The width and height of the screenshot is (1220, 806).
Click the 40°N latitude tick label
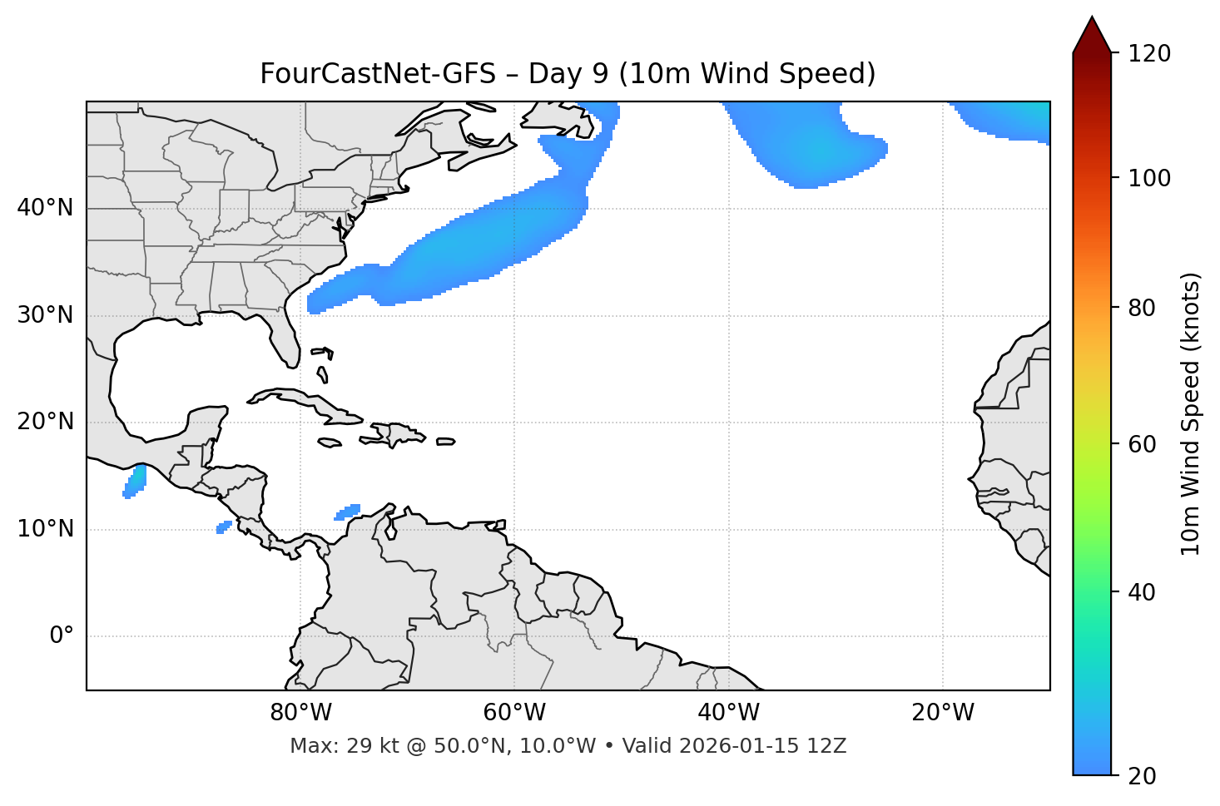(x=45, y=208)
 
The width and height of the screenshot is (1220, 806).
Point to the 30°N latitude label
(x=45, y=315)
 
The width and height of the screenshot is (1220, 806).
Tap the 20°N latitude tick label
(x=45, y=422)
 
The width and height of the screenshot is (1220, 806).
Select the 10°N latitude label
(x=45, y=529)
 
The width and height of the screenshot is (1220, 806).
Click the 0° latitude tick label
(x=62, y=636)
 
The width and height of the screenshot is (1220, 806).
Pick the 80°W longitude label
(x=300, y=713)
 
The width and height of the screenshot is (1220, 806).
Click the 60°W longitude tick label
(x=514, y=713)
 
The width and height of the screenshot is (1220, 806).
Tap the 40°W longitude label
(x=728, y=713)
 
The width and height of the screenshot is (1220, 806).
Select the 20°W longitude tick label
(x=943, y=713)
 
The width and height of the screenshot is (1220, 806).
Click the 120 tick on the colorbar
(x=1149, y=53)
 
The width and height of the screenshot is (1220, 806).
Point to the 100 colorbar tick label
(x=1149, y=178)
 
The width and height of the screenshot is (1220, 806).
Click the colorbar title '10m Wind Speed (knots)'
(x=1191, y=413)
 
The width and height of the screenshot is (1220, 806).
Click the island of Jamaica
(x=330, y=443)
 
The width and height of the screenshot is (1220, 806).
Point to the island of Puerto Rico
(x=445, y=442)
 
